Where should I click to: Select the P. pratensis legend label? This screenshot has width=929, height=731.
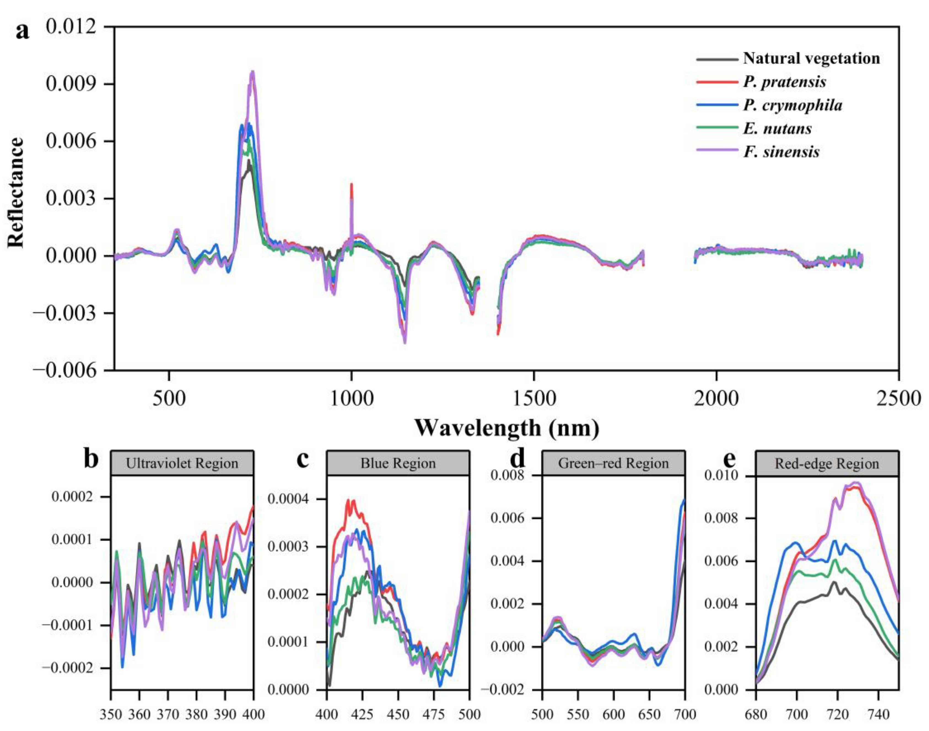(784, 82)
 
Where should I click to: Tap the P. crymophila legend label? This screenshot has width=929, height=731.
(792, 105)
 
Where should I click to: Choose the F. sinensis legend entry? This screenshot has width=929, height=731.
(781, 152)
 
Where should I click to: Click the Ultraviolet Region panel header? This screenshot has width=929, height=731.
(182, 464)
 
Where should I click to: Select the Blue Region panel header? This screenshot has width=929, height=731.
(398, 464)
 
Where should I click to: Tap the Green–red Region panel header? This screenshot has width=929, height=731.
(613, 464)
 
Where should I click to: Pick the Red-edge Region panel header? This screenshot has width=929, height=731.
(826, 464)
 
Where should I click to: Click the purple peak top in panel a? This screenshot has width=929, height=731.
(252, 72)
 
